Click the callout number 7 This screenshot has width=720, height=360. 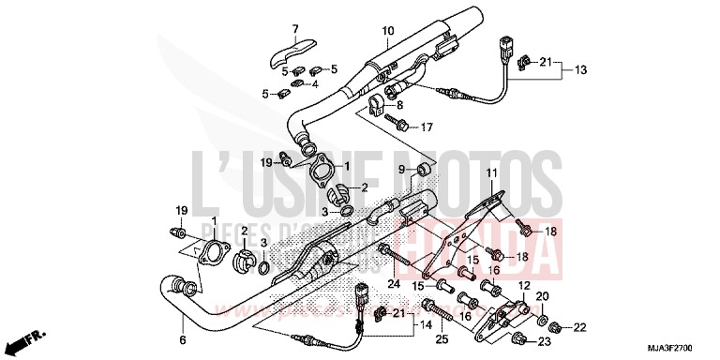pyautogui.click(x=293, y=28)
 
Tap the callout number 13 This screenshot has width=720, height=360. pyautogui.click(x=580, y=70)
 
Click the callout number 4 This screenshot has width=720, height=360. pyautogui.click(x=315, y=82)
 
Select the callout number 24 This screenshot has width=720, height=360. pyautogui.click(x=394, y=283)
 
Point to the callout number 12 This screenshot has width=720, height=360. pyautogui.click(x=525, y=285)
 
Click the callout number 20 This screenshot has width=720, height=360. pyautogui.click(x=541, y=297)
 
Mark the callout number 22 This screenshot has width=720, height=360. pyautogui.click(x=579, y=326)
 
